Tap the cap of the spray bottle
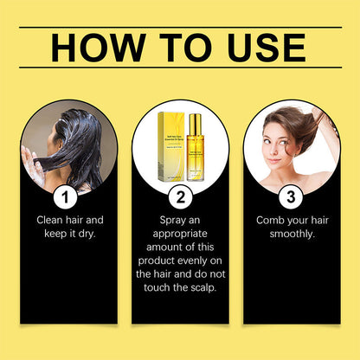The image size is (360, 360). tap(194, 119)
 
